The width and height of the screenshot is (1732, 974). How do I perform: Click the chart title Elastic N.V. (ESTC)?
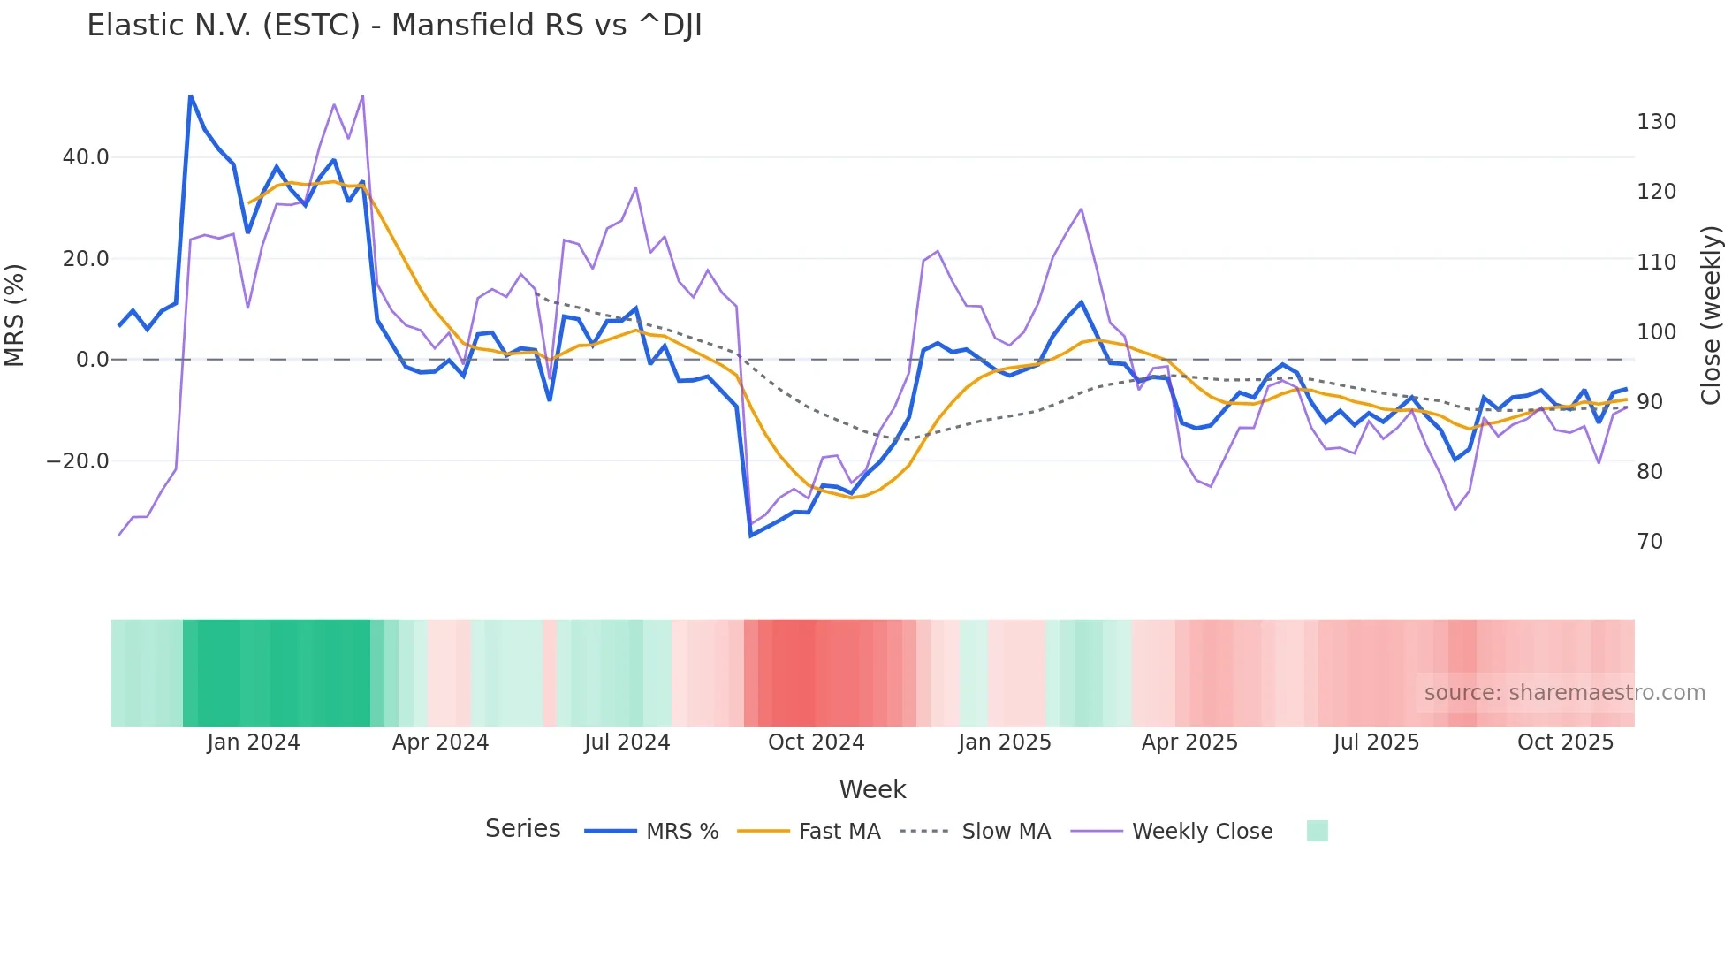tap(394, 26)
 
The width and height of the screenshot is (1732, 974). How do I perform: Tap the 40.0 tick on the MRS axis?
tap(86, 157)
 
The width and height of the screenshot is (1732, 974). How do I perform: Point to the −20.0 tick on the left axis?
tap(79, 461)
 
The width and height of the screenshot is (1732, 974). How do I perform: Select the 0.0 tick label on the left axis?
tap(93, 360)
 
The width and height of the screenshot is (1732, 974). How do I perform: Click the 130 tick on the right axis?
tap(1656, 122)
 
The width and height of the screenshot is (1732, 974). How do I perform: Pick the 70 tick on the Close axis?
tap(1650, 542)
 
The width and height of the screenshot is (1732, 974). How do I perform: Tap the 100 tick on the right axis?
tap(1656, 332)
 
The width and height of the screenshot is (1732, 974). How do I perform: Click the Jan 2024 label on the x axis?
tap(254, 742)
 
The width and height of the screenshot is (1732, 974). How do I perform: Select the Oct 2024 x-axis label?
tap(816, 742)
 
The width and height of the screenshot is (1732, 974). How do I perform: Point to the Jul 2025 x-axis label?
tap(1376, 742)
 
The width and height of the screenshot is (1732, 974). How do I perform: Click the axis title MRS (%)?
tap(15, 316)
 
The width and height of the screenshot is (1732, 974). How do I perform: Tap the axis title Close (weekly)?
tap(1712, 316)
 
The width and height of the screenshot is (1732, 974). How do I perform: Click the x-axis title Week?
tap(872, 789)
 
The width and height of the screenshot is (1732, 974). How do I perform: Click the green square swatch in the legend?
tap(1317, 831)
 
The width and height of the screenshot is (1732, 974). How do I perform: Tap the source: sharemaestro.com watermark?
tap(1564, 693)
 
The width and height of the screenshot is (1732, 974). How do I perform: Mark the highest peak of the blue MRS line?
tap(191, 95)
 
